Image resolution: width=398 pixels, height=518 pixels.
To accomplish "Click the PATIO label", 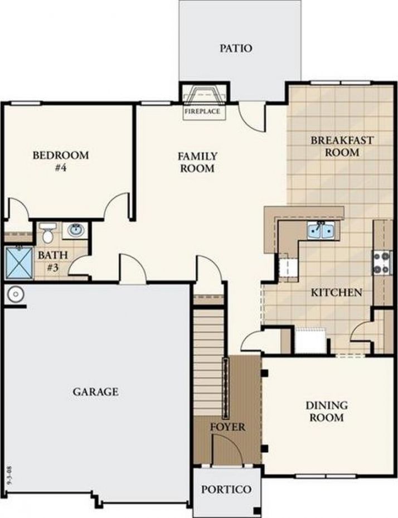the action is click(236, 49).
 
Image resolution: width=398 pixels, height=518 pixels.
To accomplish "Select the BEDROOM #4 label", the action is click(61, 161).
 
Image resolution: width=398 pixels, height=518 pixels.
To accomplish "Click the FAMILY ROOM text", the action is click(197, 162).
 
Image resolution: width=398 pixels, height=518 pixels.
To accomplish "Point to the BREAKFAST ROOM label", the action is click(342, 146).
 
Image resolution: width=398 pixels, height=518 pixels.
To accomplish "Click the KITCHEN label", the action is click(337, 292).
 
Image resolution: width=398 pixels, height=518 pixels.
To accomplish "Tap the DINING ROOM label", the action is click(326, 412).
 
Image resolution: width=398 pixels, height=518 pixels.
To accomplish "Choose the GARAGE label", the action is click(95, 392).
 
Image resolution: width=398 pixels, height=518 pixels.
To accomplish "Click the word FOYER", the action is click(228, 427).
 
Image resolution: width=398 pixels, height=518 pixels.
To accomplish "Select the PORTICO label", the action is click(226, 489).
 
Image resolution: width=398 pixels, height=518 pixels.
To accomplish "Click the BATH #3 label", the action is click(53, 261).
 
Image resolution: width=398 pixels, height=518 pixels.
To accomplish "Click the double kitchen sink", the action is click(321, 230).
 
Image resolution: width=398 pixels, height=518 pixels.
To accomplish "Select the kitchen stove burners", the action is click(381, 263).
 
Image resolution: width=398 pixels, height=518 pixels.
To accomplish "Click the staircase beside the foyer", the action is click(207, 362).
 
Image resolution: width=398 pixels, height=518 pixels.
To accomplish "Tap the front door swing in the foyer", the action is click(227, 449).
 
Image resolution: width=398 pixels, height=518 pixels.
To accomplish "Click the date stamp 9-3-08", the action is click(9, 476).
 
